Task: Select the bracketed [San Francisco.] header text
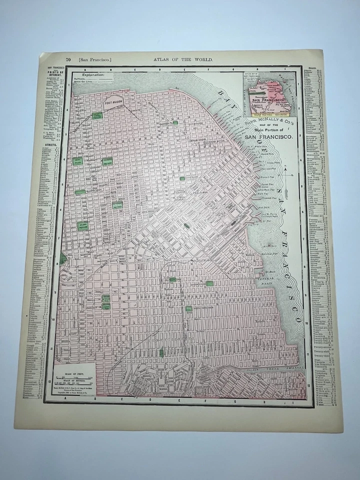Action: click(x=95, y=59)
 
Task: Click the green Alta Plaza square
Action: click(x=78, y=161)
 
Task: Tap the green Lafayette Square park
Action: click(x=106, y=161)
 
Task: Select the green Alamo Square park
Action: click(x=83, y=226)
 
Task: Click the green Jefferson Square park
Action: click(x=117, y=205)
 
